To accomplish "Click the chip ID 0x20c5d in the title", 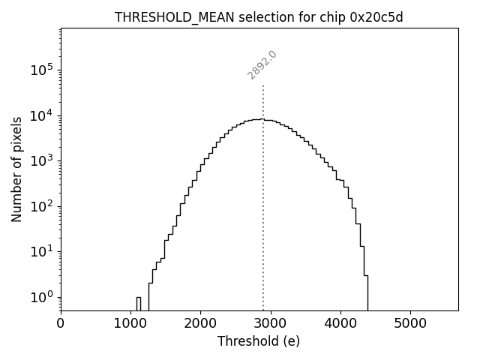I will [x=376, y=17].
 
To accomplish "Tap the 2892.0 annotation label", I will [x=262, y=65].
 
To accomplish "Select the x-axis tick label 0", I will [x=61, y=324].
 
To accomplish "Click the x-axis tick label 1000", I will [x=130, y=324].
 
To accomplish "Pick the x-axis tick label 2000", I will [x=200, y=324].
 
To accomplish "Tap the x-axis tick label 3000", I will [x=271, y=324].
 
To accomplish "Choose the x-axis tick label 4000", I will [x=340, y=324].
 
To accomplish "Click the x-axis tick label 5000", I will [x=410, y=324].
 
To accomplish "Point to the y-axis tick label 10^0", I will [x=42, y=297].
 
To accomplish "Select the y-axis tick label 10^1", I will [x=42, y=251].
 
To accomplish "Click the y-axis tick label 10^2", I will [x=42, y=206].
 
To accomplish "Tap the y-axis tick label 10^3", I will [x=42, y=160].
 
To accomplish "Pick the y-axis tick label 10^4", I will [x=42, y=115].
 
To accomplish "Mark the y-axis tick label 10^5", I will [x=42, y=70].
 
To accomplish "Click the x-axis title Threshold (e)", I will [x=259, y=341].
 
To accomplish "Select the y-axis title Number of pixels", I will [x=16, y=169].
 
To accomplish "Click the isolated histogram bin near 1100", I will [x=138, y=303].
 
